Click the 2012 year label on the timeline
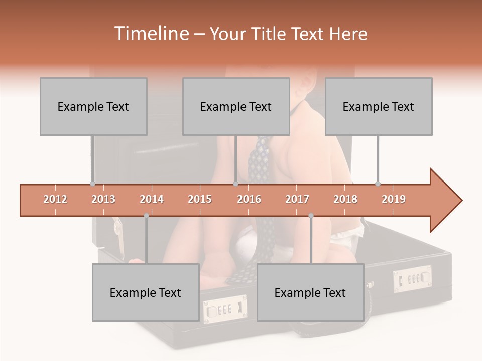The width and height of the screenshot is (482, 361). (55, 199)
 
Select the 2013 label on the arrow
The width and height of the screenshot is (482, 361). (103, 199)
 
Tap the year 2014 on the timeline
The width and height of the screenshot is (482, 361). (152, 199)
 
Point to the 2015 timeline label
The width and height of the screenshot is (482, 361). (200, 199)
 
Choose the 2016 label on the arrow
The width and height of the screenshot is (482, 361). (249, 199)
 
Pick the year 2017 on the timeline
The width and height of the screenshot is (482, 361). (297, 199)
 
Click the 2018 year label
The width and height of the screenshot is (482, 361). (345, 199)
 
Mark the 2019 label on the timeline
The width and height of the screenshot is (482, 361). (394, 199)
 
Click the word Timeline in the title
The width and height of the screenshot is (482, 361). (151, 34)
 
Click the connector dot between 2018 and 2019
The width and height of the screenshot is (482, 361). (378, 184)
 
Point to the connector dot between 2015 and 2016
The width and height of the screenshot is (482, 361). (235, 184)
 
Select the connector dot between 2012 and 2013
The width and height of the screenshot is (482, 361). (92, 184)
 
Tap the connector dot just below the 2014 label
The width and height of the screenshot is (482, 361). (146, 216)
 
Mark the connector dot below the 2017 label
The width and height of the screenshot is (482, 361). (311, 216)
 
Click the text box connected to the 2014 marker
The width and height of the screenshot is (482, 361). (146, 292)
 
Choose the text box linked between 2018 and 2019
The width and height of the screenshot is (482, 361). (379, 106)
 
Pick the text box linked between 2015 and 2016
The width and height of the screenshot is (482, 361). (236, 106)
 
